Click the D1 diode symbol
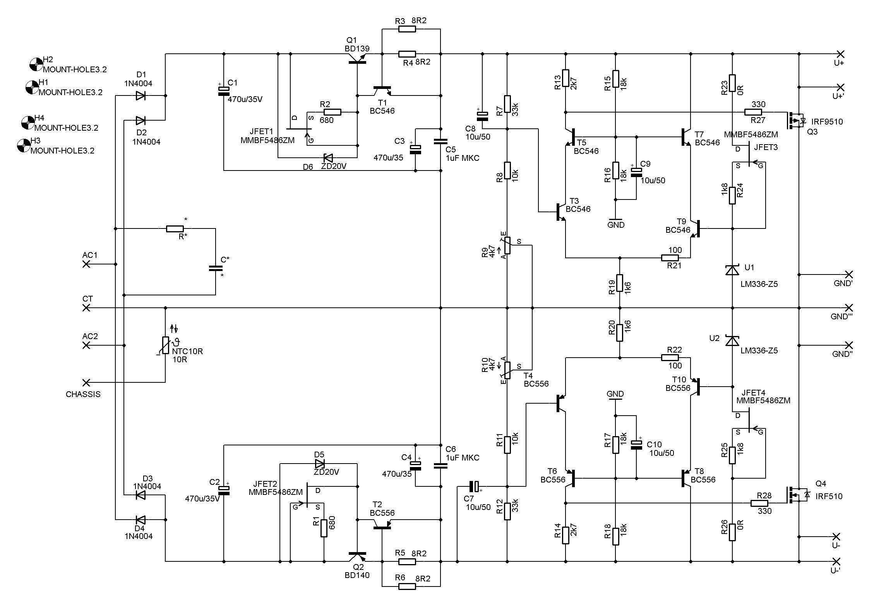click(141, 95)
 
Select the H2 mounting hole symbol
click(36, 65)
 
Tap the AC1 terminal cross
click(86, 264)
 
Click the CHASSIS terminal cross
click(86, 382)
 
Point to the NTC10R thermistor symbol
click(166, 345)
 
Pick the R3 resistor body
click(407, 29)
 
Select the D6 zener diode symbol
click(328, 158)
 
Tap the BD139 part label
click(357, 49)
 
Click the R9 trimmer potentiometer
click(507, 246)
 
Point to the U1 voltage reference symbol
click(732, 269)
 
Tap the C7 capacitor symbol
click(474, 486)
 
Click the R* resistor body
click(175, 228)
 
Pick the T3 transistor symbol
click(560, 212)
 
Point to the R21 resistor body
click(670, 258)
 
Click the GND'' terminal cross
click(848, 345)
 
